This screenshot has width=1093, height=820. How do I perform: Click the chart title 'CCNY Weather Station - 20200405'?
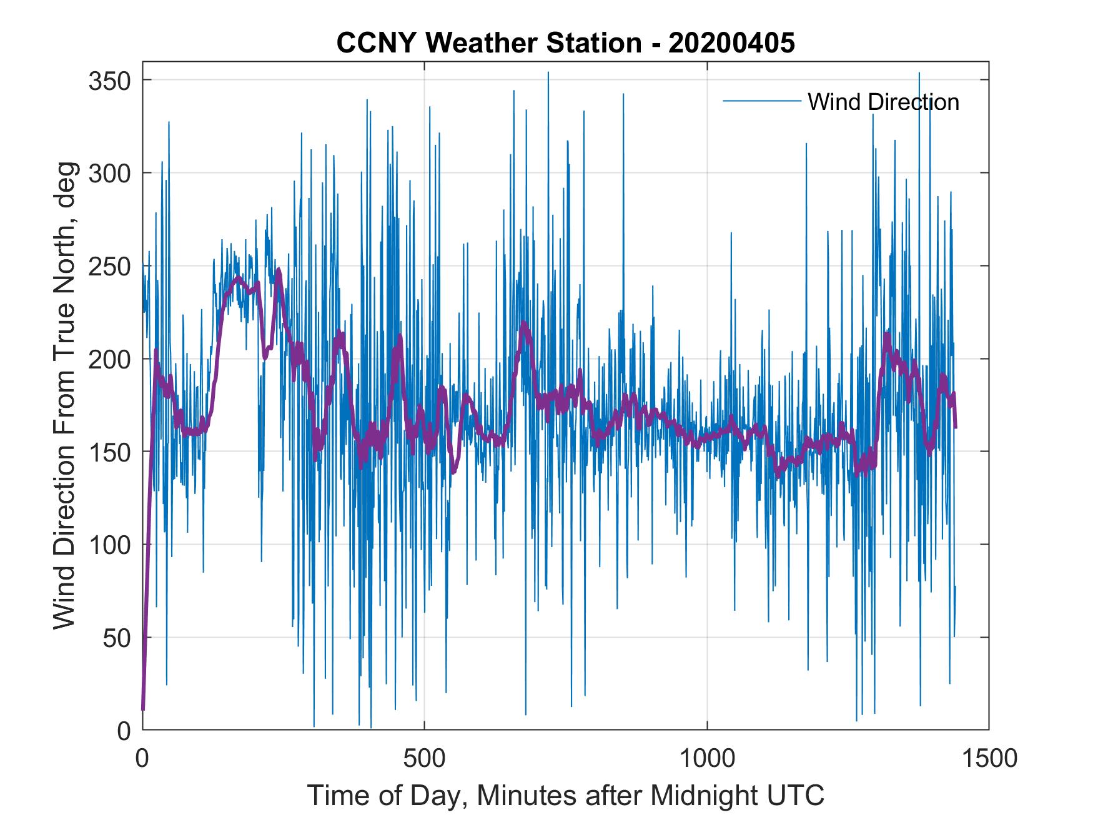(x=565, y=42)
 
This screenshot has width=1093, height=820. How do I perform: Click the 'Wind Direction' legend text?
(x=883, y=102)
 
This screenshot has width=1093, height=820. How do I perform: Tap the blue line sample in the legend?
(x=761, y=101)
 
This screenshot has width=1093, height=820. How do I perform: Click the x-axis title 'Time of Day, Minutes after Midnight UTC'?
(x=565, y=796)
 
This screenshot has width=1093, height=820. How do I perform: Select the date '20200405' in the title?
(x=732, y=42)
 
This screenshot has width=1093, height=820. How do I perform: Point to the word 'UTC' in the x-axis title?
(x=797, y=795)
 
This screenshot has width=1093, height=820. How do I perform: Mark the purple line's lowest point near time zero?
(x=143, y=709)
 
